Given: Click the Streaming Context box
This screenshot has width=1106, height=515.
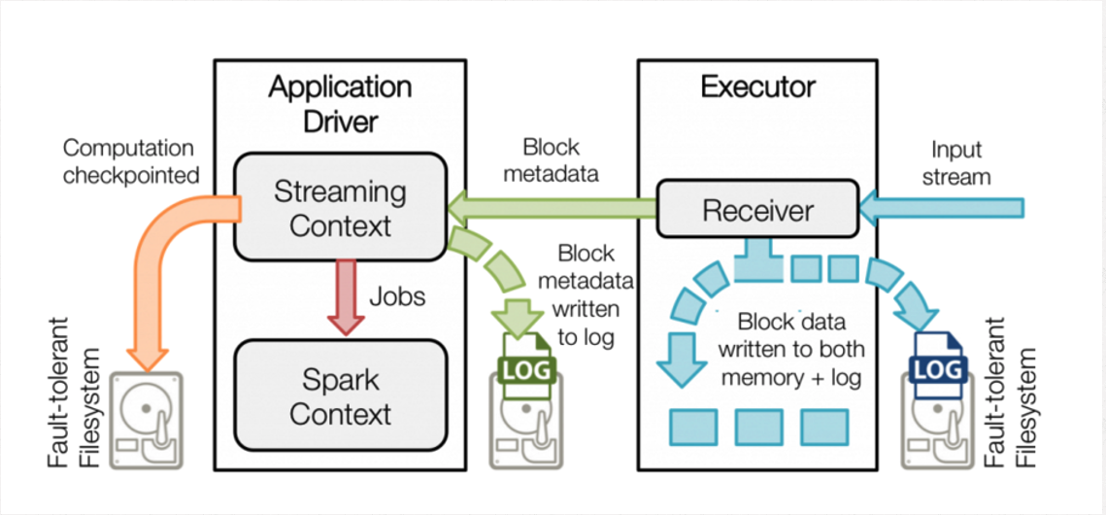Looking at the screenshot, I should [x=340, y=208].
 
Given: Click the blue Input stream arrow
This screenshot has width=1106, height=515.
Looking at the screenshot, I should [x=942, y=207].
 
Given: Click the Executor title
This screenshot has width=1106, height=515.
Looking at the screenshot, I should [x=757, y=87].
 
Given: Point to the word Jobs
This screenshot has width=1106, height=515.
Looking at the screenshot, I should [x=397, y=295].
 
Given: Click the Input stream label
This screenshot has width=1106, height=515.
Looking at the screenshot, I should [x=961, y=163].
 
